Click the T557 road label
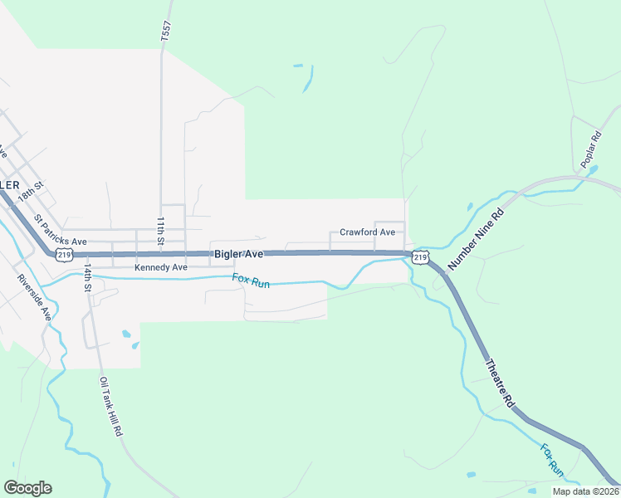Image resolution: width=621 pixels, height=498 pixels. [x=165, y=32]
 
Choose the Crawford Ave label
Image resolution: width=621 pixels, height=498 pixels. [x=367, y=232]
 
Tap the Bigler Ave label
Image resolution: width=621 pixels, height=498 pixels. [x=238, y=253]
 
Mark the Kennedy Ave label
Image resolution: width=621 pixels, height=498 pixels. [x=161, y=268]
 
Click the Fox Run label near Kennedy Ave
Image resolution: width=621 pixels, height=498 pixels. [x=251, y=282]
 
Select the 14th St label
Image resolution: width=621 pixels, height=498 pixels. [x=87, y=281]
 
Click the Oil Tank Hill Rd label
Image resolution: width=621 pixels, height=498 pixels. [x=110, y=407]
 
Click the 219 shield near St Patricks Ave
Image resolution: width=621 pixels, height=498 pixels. [x=65, y=256]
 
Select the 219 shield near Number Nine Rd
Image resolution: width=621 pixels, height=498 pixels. [x=420, y=258]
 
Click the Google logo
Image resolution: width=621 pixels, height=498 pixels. [x=27, y=488]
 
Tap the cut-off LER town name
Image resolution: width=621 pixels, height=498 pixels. [x=9, y=183]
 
